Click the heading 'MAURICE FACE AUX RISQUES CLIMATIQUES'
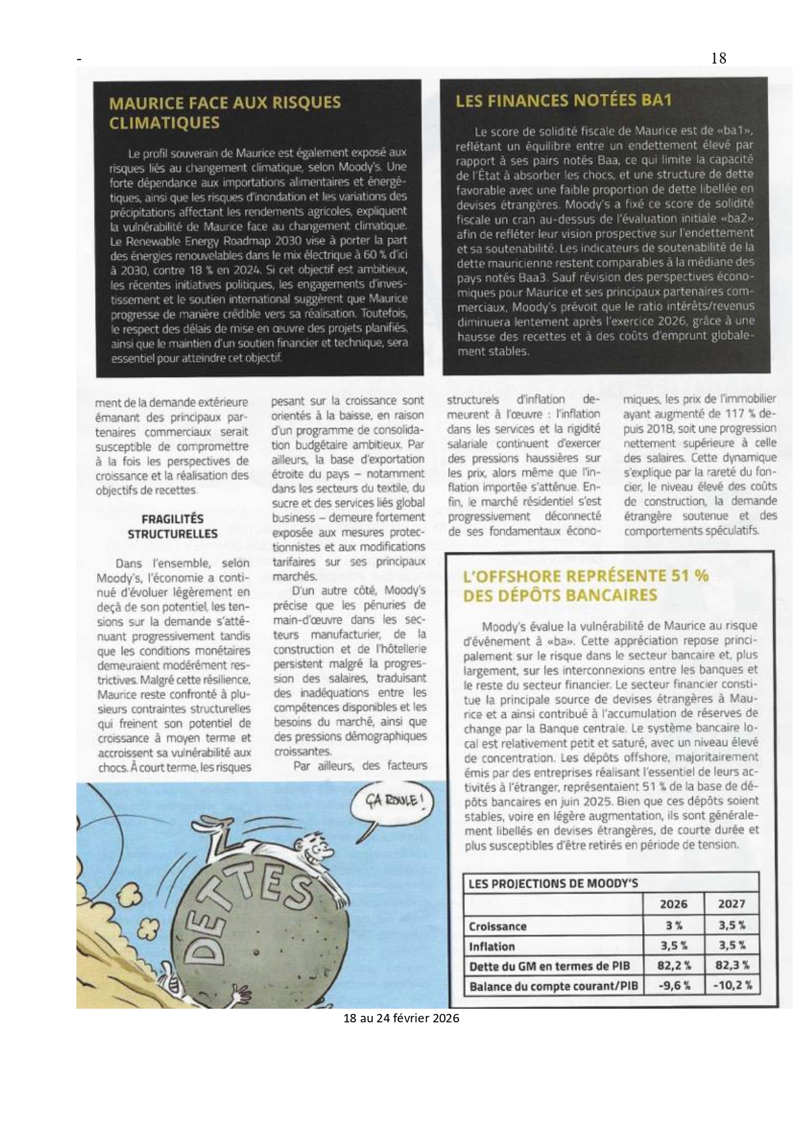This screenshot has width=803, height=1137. pos(225,112)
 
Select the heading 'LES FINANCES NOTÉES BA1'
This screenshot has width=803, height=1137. pos(563,100)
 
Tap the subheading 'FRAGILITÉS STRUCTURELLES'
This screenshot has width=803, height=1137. pos(172,526)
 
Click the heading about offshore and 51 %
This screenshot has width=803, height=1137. pos(586,585)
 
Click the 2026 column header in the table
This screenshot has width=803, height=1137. pos(673,904)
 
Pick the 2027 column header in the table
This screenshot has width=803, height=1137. pos(732,904)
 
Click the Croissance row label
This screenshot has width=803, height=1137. pos(497,926)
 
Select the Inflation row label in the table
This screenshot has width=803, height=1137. pos(492,947)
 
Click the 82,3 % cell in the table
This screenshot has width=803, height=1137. pos(732,965)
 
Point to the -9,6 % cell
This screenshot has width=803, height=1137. pos(673,985)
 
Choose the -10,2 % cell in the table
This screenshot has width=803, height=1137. pos(732,985)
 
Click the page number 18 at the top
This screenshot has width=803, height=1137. pos(719,58)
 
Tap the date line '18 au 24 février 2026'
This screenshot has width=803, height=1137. pos(401,1018)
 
